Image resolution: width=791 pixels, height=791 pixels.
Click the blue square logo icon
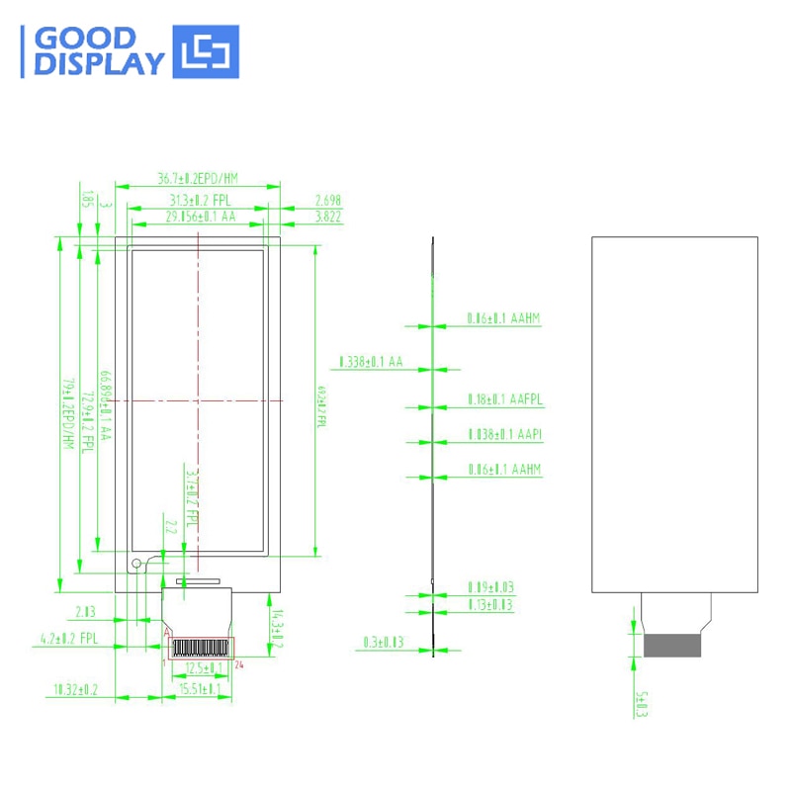coord(207,52)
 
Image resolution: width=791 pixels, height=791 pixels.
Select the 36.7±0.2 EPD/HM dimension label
coord(198,179)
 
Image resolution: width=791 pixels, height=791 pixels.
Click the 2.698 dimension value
coord(327,200)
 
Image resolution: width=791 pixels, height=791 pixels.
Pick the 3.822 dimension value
coord(327,216)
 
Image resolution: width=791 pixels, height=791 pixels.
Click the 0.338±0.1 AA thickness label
coord(371,362)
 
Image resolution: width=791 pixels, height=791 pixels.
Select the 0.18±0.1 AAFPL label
coord(504,399)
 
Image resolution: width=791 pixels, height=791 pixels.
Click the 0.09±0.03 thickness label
coord(489,587)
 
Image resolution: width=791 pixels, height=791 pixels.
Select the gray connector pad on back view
coord(673,645)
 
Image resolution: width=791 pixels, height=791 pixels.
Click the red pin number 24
coord(240,663)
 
